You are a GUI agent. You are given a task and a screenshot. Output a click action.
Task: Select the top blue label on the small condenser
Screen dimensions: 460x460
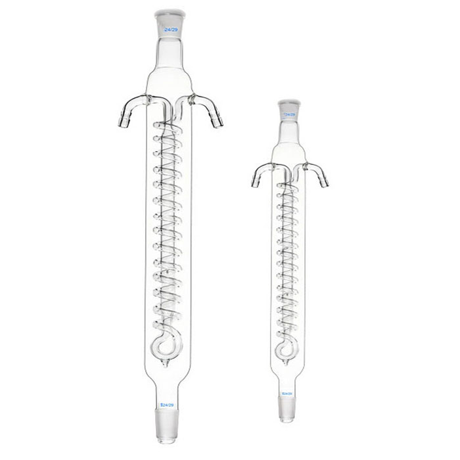point(287,114)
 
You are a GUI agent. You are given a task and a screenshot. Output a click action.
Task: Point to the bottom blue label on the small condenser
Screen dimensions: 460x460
point(287,394)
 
